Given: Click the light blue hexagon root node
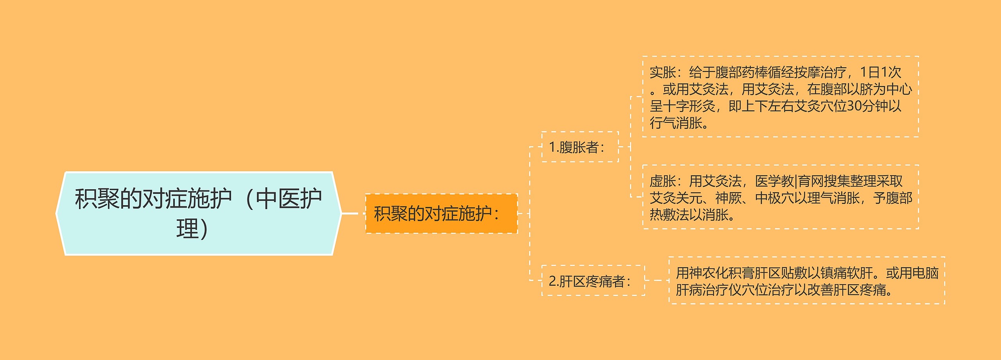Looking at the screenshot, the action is click(x=199, y=213).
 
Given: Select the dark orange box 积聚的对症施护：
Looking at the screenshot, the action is click(x=441, y=213).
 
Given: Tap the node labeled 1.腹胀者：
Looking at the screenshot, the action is click(x=580, y=147).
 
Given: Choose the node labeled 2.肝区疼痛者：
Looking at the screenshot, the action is click(x=593, y=281).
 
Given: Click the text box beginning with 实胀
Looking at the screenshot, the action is click(x=780, y=97).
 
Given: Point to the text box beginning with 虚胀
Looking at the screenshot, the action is click(x=780, y=197).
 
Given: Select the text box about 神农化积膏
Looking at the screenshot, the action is click(x=807, y=281).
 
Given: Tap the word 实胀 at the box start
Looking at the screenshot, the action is click(x=663, y=72).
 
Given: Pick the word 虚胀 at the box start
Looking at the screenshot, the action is click(x=663, y=181).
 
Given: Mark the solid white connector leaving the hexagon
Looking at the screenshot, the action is click(x=350, y=213).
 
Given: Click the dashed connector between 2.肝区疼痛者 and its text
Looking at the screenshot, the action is click(x=657, y=280).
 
